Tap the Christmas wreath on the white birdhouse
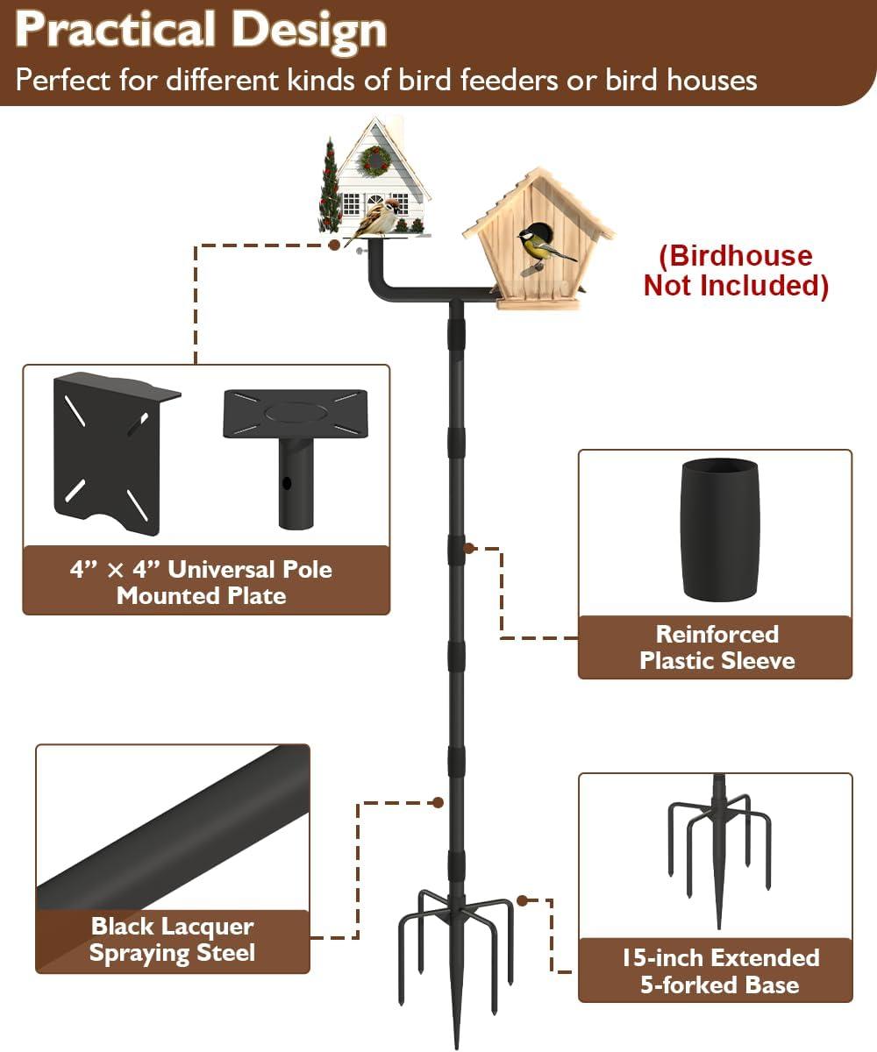pos(375,160)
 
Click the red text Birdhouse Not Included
pos(736,271)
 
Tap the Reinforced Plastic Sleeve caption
pos(717,648)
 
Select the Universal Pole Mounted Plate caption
pos(201,582)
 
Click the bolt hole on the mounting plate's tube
pos(287,483)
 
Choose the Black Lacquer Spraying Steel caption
pos(173,939)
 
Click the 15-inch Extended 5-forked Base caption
pos(720,970)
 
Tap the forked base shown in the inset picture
pos(719,852)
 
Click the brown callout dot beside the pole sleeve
pos(469,548)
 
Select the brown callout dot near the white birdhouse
pos(333,245)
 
